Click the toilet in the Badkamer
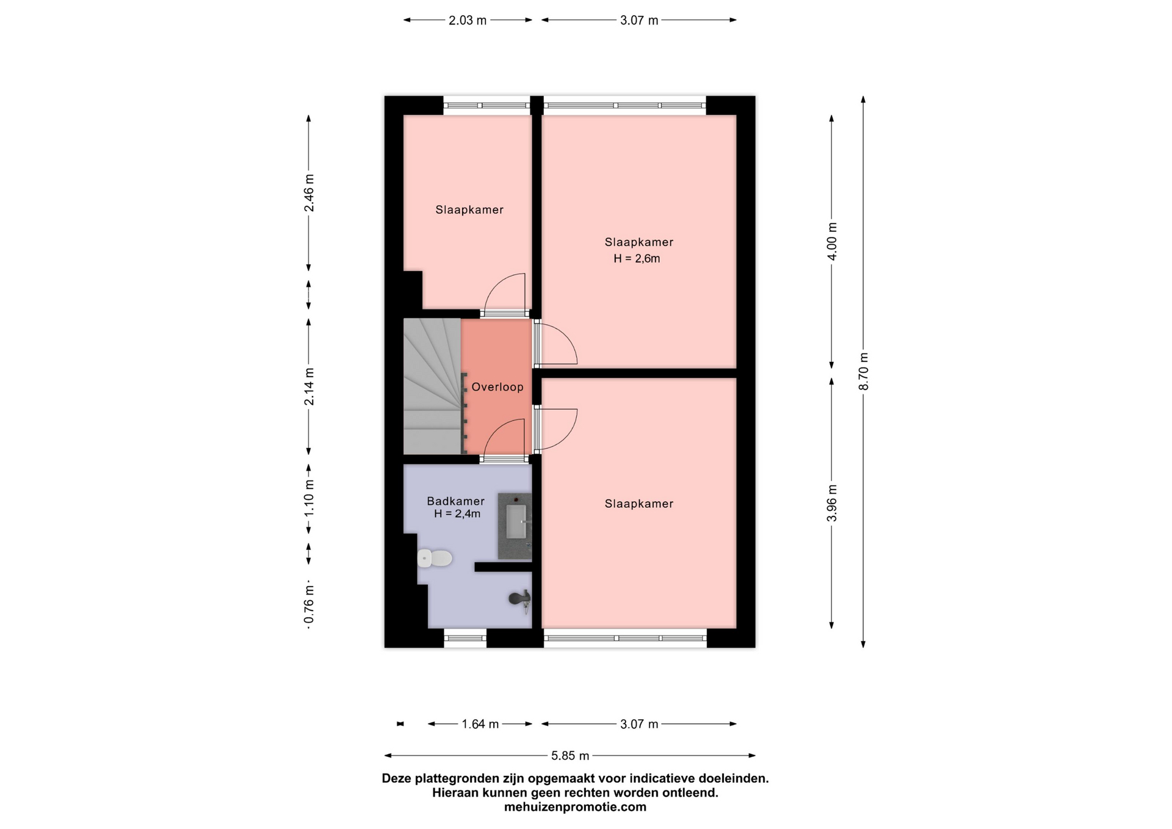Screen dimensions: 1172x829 click(434, 558)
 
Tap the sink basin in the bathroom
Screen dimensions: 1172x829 click(516, 521)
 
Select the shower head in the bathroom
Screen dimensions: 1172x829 click(521, 599)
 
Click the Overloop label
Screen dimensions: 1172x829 click(497, 387)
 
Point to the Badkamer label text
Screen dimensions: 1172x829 click(455, 501)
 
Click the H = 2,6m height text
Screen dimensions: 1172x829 click(637, 258)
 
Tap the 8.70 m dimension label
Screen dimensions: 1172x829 click(863, 372)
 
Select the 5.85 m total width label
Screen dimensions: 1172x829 click(570, 756)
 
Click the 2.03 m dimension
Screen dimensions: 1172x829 click(468, 20)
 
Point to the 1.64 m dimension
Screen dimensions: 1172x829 click(480, 724)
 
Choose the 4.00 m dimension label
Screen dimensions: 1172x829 click(832, 241)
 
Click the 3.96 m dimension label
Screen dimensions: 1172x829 click(832, 503)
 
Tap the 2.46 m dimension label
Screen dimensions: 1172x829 click(309, 193)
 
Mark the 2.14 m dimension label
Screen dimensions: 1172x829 click(309, 386)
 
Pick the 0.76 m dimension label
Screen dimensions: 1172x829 click(309, 606)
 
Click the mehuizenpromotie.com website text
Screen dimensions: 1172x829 click(575, 807)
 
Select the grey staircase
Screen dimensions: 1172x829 click(432, 386)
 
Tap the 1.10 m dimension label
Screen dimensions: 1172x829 click(309, 498)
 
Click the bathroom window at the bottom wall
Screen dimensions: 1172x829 click(465, 639)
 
